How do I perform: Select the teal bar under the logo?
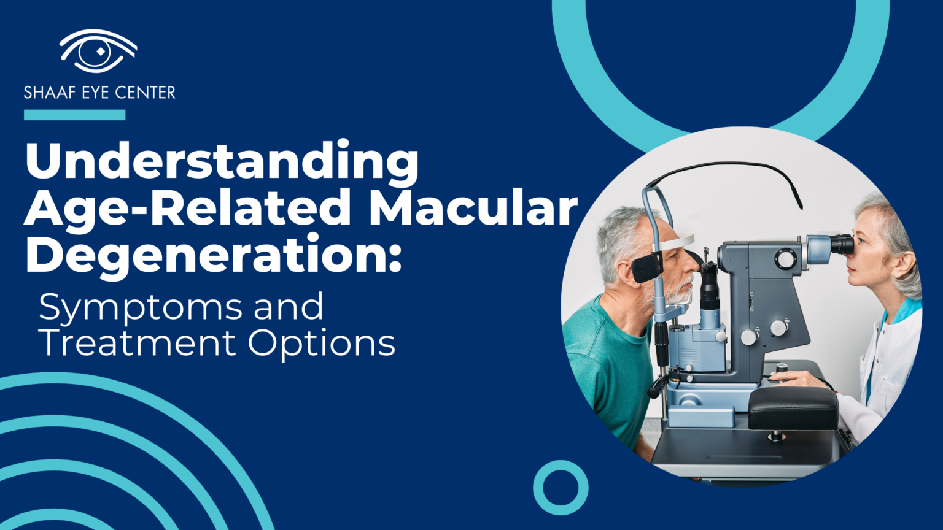click(x=74, y=115)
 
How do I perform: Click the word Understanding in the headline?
click(x=222, y=161)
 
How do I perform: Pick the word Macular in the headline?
click(x=473, y=207)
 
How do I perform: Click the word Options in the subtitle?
click(x=322, y=344)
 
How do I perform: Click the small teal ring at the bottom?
click(x=560, y=488)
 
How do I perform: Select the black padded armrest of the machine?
click(x=792, y=408)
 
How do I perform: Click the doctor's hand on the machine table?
click(x=793, y=379)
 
